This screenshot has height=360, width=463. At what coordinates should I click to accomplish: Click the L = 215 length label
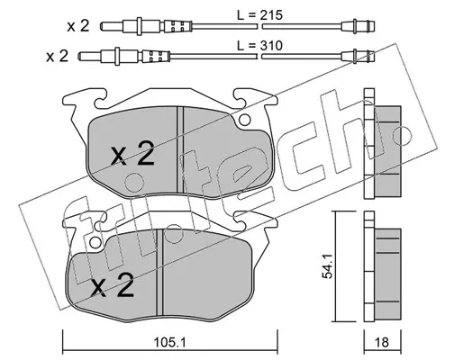(x=260, y=14)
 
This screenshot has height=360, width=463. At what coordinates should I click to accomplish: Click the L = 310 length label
(x=260, y=46)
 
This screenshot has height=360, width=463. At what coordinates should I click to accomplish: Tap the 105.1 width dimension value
(x=170, y=342)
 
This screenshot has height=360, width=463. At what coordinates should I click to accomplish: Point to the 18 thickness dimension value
(x=382, y=342)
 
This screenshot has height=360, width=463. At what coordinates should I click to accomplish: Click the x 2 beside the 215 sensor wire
(x=78, y=26)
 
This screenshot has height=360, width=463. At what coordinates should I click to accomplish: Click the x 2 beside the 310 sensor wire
(x=58, y=57)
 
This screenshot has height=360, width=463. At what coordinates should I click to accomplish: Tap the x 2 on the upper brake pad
(x=132, y=154)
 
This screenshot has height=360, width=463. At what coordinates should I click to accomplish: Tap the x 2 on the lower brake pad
(x=113, y=285)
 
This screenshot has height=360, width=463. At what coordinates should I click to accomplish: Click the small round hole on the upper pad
(x=244, y=120)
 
